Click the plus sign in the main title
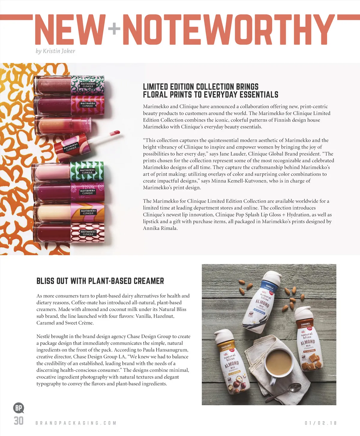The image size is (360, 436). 114,29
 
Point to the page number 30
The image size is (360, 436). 19,421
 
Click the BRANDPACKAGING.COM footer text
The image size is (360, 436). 76,423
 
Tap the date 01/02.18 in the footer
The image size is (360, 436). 320,423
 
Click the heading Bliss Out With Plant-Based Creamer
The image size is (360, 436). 100,281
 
